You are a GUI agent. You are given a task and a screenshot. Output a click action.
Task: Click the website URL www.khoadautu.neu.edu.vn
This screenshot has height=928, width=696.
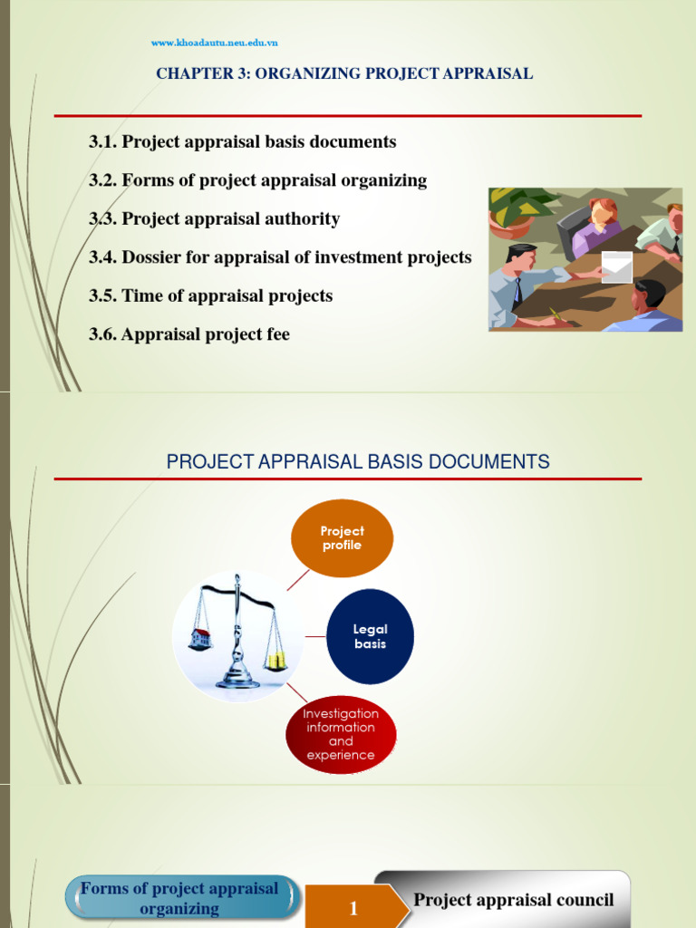point(214,43)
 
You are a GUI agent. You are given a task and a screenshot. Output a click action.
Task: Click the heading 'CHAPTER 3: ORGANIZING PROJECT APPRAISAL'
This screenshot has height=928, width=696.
point(344,74)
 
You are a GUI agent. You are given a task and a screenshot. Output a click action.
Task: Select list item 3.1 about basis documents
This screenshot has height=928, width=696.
point(242,142)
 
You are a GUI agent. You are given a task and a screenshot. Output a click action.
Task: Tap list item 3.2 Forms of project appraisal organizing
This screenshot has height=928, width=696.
point(257,180)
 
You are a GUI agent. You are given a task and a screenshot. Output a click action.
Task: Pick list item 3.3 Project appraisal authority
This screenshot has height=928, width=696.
point(214,218)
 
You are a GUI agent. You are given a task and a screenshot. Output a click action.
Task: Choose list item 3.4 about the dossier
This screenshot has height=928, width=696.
point(280,257)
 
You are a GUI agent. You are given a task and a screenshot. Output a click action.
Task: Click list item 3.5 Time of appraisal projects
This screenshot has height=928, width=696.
point(210,296)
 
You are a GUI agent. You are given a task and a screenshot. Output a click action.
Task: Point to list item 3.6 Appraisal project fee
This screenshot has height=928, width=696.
point(189,334)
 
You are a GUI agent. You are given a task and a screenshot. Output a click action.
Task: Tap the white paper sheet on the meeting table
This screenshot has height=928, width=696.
point(616,267)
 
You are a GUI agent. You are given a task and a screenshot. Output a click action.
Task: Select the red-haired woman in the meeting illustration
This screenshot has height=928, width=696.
point(599,223)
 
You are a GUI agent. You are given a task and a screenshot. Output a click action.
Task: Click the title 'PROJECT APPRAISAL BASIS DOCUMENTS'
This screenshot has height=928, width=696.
point(358,462)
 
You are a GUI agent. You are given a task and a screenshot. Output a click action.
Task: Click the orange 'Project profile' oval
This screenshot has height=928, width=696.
point(342,538)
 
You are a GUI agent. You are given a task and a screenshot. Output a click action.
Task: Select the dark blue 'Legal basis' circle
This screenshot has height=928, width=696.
point(370,636)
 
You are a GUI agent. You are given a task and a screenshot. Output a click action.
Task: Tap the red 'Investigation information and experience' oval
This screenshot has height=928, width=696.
point(341,734)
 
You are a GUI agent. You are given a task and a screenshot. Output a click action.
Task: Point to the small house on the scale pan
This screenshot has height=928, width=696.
point(200,638)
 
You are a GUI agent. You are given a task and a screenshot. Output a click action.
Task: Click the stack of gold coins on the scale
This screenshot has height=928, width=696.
point(275,661)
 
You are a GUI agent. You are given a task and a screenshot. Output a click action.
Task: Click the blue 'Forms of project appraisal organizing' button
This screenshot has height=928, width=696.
point(180,898)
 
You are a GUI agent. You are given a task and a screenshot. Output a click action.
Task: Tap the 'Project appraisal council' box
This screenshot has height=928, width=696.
point(513,900)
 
